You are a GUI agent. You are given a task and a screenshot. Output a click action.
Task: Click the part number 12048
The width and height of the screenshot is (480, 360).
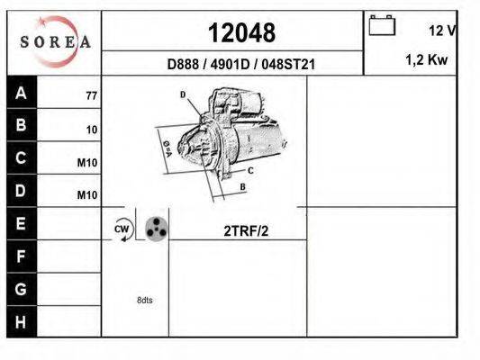pos(241,32)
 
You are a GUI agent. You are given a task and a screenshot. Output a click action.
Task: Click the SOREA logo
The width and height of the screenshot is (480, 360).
pos(56,42)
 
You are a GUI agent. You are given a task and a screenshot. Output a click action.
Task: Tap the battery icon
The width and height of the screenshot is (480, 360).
pos(382,25)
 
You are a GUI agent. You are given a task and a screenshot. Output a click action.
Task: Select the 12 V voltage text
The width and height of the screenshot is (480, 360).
pos(442,31)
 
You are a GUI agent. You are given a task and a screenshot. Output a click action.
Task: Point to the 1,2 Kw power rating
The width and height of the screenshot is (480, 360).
pos(427,59)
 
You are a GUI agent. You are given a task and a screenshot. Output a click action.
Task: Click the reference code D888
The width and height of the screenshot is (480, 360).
pos(183,64)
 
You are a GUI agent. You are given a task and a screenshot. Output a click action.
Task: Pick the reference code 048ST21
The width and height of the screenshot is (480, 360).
pos(288,64)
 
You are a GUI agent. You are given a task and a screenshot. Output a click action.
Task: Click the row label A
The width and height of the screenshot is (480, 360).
pos(21,93)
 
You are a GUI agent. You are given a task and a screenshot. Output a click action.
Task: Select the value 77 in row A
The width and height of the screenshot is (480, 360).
pos(92,95)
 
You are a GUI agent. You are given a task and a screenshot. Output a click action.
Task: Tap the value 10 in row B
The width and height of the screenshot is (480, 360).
pos(92,130)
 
